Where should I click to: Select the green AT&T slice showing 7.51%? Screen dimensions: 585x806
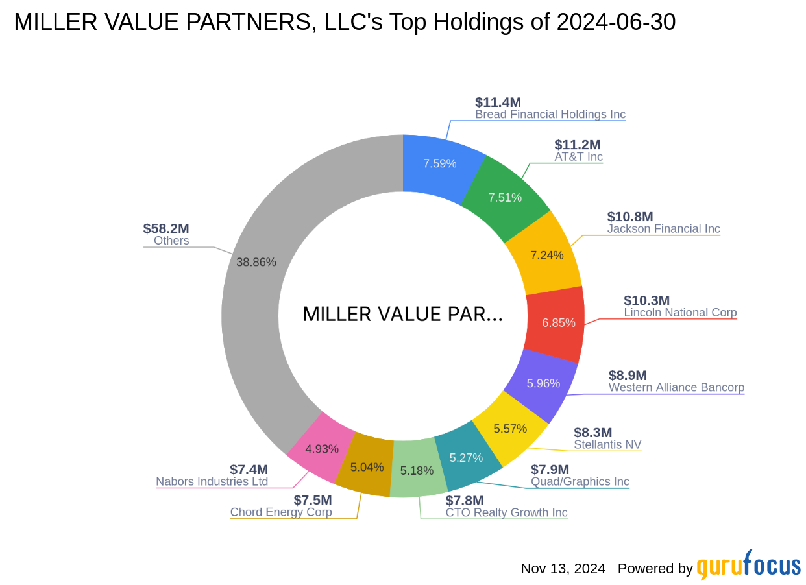click(505, 198)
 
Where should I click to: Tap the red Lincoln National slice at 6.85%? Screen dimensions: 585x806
click(558, 322)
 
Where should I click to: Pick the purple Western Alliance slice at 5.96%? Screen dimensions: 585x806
click(543, 383)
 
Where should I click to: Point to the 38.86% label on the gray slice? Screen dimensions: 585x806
click(256, 262)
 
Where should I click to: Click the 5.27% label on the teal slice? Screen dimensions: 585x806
click(466, 458)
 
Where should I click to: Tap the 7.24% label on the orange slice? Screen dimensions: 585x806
click(547, 255)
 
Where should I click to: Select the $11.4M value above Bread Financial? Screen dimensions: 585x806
click(498, 102)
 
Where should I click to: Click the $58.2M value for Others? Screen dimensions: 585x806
click(166, 228)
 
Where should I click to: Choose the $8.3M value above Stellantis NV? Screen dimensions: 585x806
click(592, 432)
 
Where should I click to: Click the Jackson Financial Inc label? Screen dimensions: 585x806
click(663, 229)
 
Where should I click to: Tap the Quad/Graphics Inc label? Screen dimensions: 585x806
click(580, 482)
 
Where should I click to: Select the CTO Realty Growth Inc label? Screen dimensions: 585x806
click(506, 513)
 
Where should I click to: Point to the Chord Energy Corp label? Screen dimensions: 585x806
click(281, 512)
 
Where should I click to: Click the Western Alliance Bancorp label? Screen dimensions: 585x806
click(676, 388)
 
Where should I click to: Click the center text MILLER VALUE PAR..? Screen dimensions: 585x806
click(402, 315)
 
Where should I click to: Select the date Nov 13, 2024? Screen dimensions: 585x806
click(563, 569)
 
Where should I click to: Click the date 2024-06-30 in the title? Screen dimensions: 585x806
click(616, 22)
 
